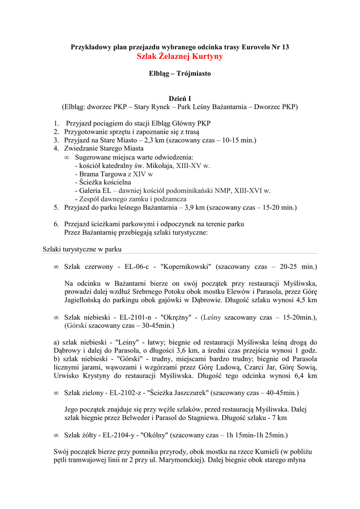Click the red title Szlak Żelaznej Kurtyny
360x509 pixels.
[x=180, y=57]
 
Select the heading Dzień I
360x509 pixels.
[x=180, y=98]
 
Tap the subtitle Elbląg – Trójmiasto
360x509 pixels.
[x=180, y=74]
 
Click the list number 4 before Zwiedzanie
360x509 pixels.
[x=56, y=148]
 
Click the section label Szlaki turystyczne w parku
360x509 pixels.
[x=82, y=249]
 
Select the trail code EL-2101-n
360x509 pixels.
[x=118, y=317]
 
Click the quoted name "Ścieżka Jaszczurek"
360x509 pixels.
[x=178, y=393]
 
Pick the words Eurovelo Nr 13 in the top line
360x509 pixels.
[x=266, y=47]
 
